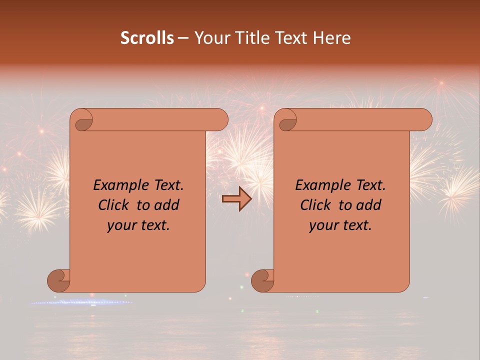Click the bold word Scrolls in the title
(147, 37)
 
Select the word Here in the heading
(331, 37)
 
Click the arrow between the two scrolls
(237, 199)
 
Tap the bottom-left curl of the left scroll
(59, 280)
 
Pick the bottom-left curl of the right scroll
(263, 280)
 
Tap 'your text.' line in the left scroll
(138, 225)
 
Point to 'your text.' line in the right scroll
(340, 225)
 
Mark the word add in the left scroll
(167, 205)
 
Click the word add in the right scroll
(369, 205)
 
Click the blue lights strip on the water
(80, 302)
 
